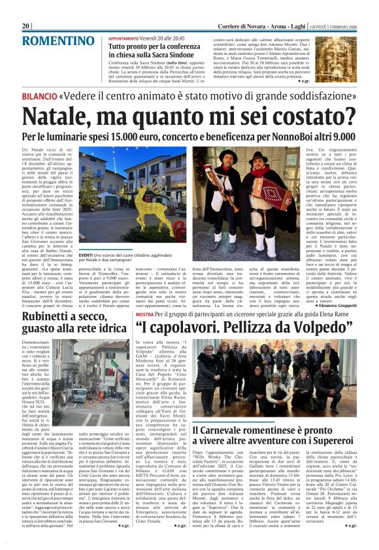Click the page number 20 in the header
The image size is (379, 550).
click(25, 25)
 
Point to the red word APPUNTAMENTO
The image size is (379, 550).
click(127, 39)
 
